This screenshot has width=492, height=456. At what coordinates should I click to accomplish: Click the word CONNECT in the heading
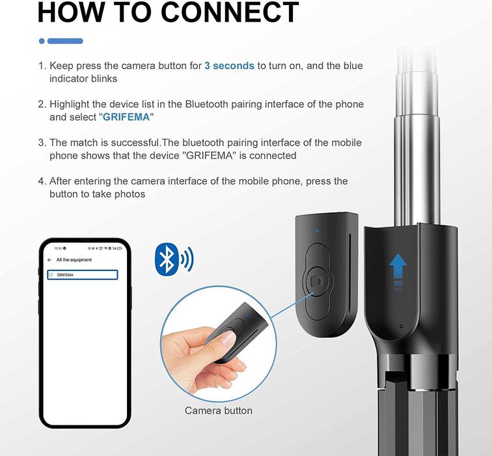[225, 13]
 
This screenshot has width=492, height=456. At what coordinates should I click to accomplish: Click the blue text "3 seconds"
[229, 66]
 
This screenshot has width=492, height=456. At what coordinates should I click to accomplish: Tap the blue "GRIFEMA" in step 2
[126, 117]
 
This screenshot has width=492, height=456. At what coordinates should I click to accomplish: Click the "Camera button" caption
[218, 410]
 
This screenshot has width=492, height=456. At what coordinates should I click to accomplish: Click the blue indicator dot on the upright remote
[316, 230]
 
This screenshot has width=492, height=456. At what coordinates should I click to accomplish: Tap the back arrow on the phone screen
[49, 260]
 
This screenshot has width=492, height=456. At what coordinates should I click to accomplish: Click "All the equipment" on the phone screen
[74, 260]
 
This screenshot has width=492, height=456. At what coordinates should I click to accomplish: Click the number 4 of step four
[41, 181]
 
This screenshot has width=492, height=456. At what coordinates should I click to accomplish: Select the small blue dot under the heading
[42, 41]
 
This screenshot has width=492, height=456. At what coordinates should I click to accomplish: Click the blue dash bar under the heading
[65, 41]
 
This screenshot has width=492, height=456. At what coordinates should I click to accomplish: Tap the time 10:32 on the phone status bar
[58, 248]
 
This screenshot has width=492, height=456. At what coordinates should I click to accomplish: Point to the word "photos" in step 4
[130, 194]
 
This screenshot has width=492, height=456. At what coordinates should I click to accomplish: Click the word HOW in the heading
[72, 13]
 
